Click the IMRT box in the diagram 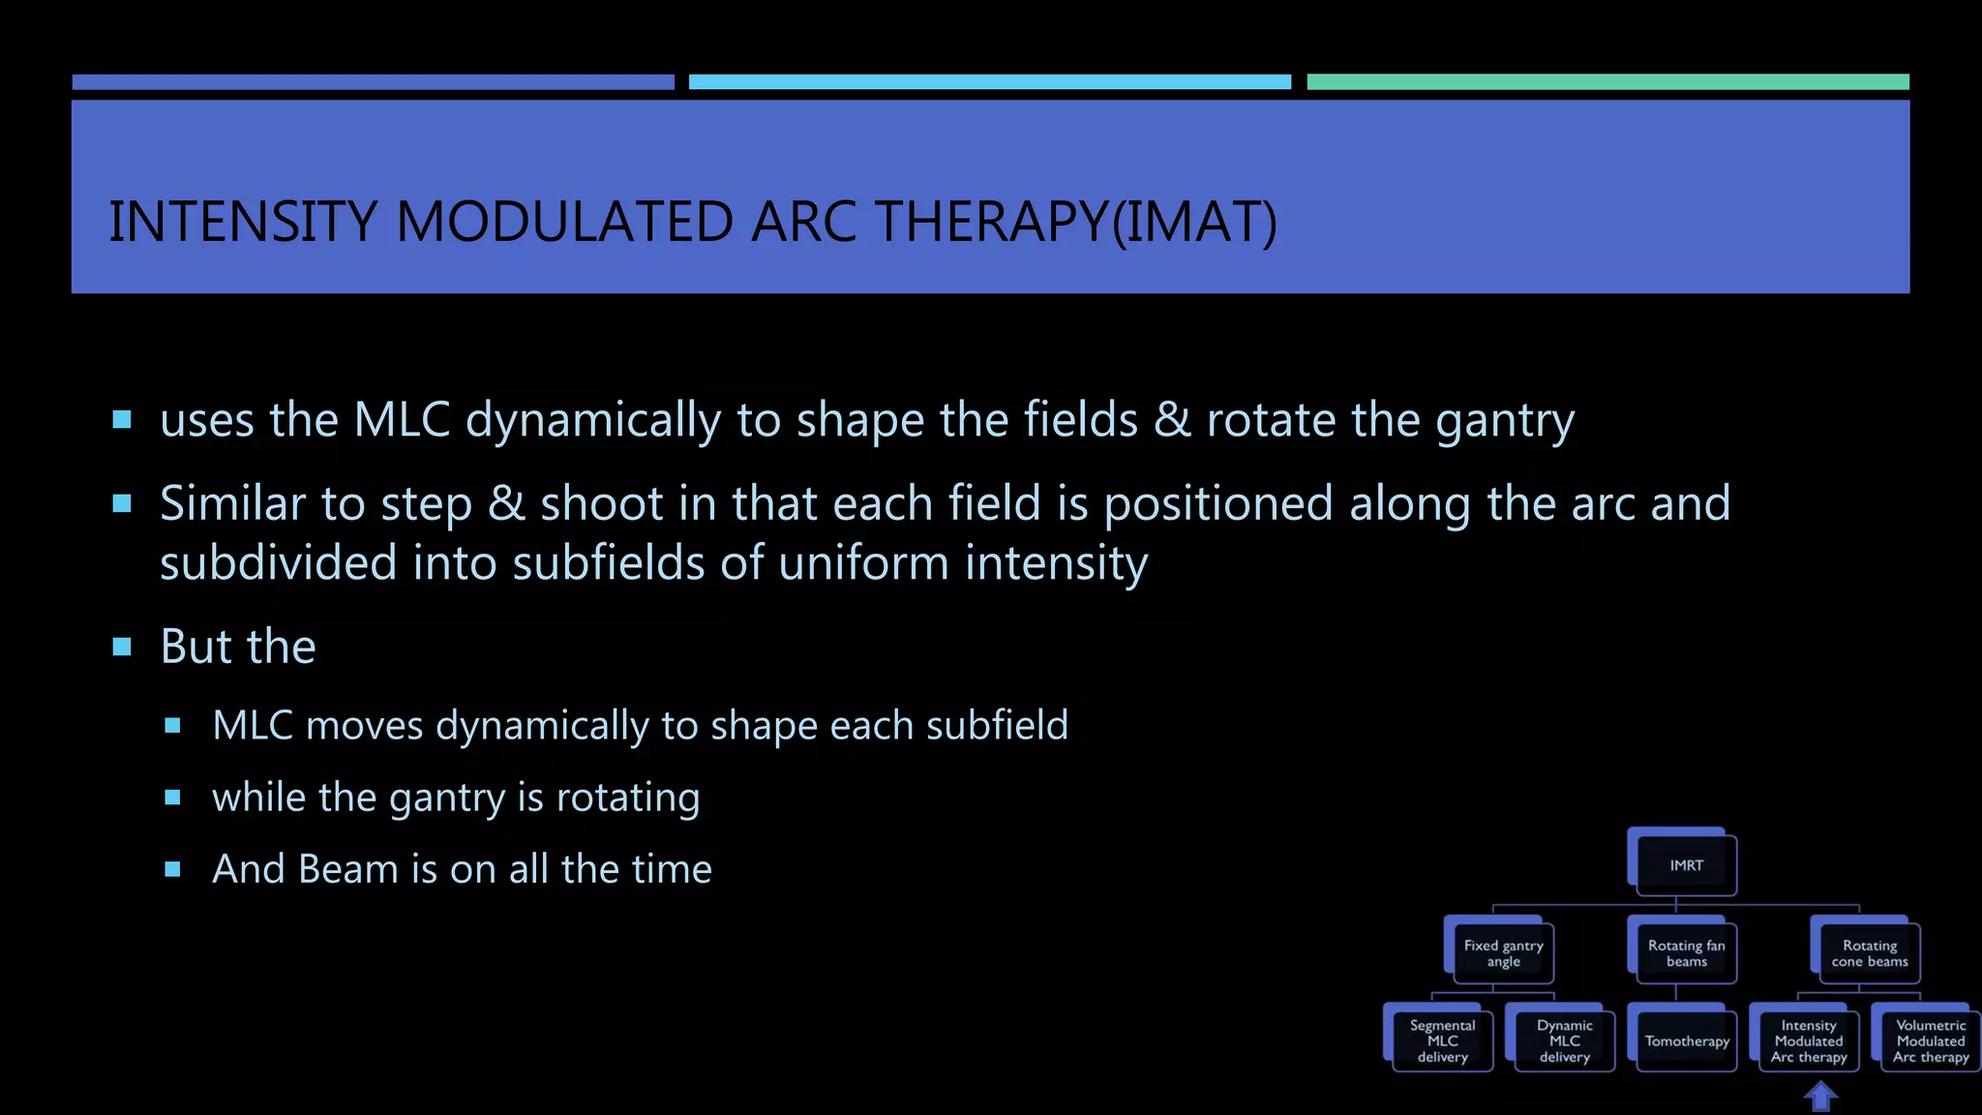[x=1686, y=865]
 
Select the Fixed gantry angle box [x=1503, y=953]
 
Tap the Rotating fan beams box [x=1686, y=953]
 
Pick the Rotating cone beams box [x=1869, y=953]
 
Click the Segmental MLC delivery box [x=1442, y=1041]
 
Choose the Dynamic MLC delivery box [x=1564, y=1041]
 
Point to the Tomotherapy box [x=1686, y=1041]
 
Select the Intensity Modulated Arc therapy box [x=1808, y=1041]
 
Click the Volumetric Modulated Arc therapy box [x=1930, y=1041]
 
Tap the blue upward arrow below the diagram [x=1820, y=1098]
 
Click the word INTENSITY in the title [x=242, y=222]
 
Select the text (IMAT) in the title [x=1194, y=222]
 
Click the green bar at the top [x=1607, y=82]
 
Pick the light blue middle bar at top [x=989, y=82]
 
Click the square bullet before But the [x=122, y=647]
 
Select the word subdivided [x=279, y=563]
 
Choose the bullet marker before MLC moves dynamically [x=173, y=726]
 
